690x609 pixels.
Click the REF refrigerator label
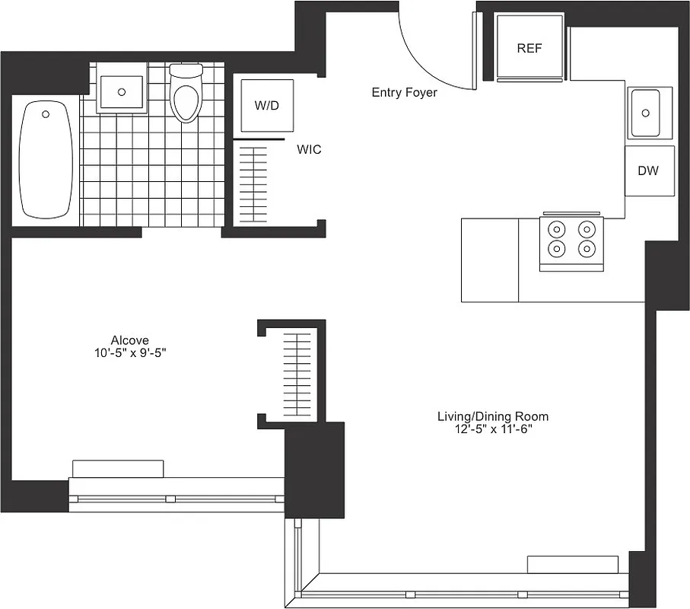pyautogui.click(x=529, y=48)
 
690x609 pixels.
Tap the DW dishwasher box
pyautogui.click(x=648, y=171)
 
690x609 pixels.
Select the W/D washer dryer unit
pyautogui.click(x=266, y=106)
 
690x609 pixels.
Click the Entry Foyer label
pyautogui.click(x=404, y=92)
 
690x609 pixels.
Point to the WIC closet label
pyautogui.click(x=309, y=150)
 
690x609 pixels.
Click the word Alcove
pyautogui.click(x=129, y=340)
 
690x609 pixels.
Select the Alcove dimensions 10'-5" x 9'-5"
pyautogui.click(x=129, y=352)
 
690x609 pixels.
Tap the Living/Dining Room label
pyautogui.click(x=492, y=416)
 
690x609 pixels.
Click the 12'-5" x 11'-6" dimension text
pyautogui.click(x=492, y=429)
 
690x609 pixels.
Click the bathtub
pyautogui.click(x=46, y=161)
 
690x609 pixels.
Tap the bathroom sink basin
pyautogui.click(x=122, y=91)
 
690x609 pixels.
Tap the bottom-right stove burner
pyautogui.click(x=586, y=247)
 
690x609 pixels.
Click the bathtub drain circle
pyautogui.click(x=46, y=114)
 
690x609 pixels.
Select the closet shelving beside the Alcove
pyautogui.click(x=298, y=375)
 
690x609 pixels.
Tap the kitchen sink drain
pyautogui.click(x=646, y=113)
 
